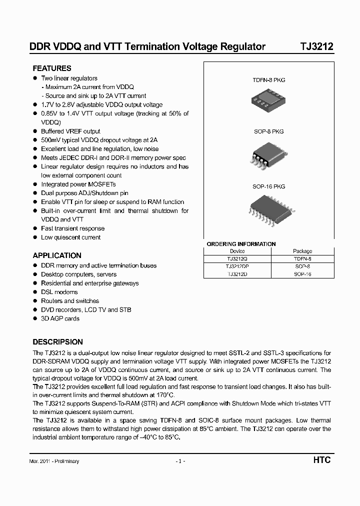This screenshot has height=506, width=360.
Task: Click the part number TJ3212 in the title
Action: tap(316, 47)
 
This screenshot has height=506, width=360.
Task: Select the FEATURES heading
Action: tap(52, 68)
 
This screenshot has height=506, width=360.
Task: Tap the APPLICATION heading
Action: tap(57, 255)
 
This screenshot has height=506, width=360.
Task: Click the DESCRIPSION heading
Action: tap(57, 342)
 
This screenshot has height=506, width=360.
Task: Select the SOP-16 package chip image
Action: tap(268, 210)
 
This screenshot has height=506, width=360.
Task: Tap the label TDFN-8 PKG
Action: tap(268, 80)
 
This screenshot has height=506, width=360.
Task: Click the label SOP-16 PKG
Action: tap(268, 186)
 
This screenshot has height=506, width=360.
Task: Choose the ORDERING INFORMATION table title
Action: tap(241, 244)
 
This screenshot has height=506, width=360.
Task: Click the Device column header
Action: tap(237, 251)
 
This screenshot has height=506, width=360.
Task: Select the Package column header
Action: tap(302, 251)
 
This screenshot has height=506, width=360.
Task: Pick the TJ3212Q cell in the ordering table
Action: tap(237, 259)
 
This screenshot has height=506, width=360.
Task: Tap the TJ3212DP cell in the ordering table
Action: tap(237, 266)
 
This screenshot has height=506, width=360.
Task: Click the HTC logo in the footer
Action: tap(322, 460)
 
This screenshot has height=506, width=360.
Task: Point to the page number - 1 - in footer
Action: tap(180, 461)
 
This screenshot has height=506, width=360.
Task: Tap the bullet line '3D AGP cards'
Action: tap(60, 318)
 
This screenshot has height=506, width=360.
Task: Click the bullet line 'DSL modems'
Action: tap(59, 292)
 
